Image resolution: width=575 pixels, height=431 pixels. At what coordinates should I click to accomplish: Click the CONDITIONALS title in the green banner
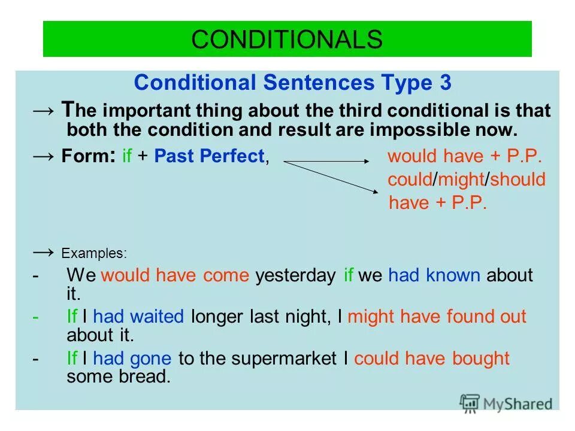[287, 40]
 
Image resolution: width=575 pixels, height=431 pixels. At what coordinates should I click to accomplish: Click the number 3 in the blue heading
[444, 83]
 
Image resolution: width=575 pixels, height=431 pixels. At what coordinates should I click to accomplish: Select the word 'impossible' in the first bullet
[435, 129]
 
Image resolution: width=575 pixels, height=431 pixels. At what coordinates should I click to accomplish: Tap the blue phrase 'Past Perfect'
[209, 157]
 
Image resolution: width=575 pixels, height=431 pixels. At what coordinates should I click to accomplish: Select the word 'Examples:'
[94, 253]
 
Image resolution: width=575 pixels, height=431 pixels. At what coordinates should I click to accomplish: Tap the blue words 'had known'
[434, 275]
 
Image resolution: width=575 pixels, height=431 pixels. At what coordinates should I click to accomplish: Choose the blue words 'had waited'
[138, 317]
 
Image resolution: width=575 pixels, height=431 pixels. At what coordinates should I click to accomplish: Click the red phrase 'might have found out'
[437, 317]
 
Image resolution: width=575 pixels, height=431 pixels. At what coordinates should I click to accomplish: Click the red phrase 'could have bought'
[432, 359]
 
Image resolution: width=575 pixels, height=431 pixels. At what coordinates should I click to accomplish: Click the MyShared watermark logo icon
[470, 403]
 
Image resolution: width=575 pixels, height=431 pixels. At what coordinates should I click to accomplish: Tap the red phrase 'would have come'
[175, 275]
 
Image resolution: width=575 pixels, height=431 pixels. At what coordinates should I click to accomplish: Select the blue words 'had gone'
[132, 359]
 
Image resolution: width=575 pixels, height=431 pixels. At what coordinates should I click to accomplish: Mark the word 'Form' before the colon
[80, 157]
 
